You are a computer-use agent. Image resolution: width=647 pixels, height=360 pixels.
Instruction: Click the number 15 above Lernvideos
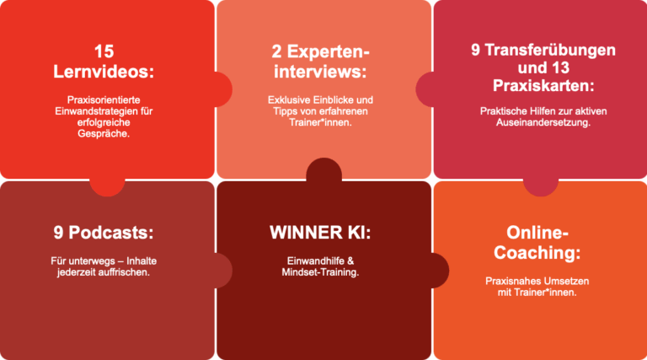pyautogui.click(x=104, y=52)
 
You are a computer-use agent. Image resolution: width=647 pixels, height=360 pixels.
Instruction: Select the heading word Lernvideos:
pyautogui.click(x=104, y=72)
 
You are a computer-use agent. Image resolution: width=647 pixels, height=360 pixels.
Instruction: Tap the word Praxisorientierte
pyautogui.click(x=104, y=100)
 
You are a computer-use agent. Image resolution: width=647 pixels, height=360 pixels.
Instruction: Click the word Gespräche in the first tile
pyautogui.click(x=102, y=134)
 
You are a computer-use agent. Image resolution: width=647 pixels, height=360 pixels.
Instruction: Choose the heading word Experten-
pyautogui.click(x=328, y=52)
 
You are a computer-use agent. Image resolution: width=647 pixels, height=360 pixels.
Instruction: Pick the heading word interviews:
pyautogui.click(x=320, y=72)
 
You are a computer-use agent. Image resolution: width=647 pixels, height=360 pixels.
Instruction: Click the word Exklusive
pyautogui.click(x=288, y=100)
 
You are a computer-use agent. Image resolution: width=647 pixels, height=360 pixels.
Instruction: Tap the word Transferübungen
pyautogui.click(x=550, y=50)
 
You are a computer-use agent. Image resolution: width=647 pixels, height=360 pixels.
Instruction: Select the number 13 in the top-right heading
pyautogui.click(x=560, y=67)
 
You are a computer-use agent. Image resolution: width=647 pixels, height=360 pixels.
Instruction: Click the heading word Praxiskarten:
pyautogui.click(x=543, y=86)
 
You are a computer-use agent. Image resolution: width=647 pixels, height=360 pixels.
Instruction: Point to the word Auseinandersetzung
pyautogui.click(x=543, y=122)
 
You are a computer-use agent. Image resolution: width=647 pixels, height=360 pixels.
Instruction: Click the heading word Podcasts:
pyautogui.click(x=110, y=233)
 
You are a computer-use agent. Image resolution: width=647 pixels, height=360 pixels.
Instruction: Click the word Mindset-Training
pyautogui.click(x=320, y=272)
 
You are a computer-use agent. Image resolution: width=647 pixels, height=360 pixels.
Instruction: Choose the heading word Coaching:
pyautogui.click(x=537, y=253)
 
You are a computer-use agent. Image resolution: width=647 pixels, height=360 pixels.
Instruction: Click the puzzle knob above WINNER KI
pyautogui.click(x=323, y=170)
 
